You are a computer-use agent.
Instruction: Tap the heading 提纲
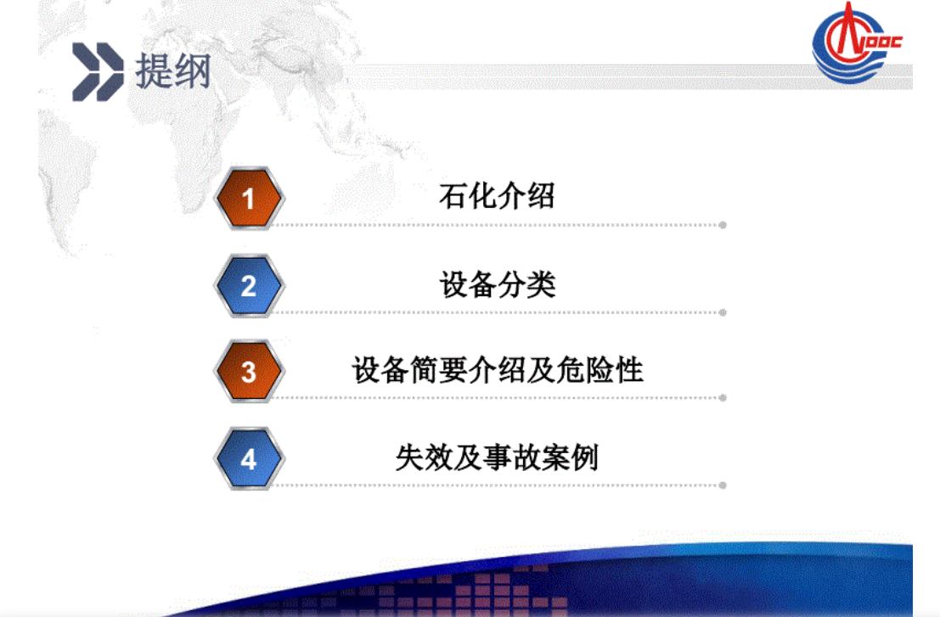point(172,72)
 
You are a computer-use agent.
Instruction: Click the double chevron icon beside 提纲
point(98,72)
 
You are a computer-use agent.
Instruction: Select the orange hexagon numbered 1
point(249,199)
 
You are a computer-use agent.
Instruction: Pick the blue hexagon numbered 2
point(249,286)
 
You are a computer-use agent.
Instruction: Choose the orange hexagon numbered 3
point(249,372)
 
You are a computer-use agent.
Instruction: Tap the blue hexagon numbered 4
point(249,459)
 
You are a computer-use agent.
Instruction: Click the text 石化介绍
point(497,196)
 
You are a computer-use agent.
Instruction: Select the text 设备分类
point(497,283)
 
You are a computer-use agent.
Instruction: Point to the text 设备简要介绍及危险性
point(497,371)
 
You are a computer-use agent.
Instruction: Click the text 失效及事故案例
point(497,457)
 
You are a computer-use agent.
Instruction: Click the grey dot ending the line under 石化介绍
point(723,225)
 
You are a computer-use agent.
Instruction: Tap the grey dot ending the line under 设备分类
point(723,312)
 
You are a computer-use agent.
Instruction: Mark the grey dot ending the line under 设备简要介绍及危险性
point(723,397)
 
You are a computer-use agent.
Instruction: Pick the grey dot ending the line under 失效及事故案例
point(723,485)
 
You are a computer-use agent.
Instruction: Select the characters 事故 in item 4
point(497,457)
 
